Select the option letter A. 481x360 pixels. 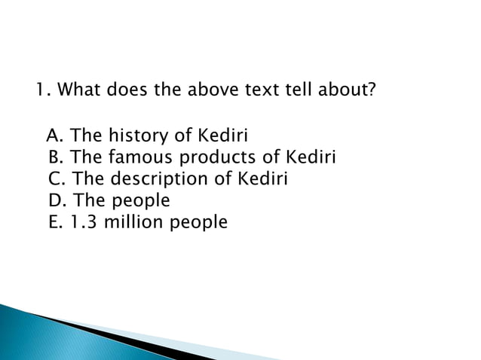54,136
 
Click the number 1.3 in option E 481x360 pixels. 78,222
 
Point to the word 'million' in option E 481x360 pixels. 128,222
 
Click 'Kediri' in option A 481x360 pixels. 222,136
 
